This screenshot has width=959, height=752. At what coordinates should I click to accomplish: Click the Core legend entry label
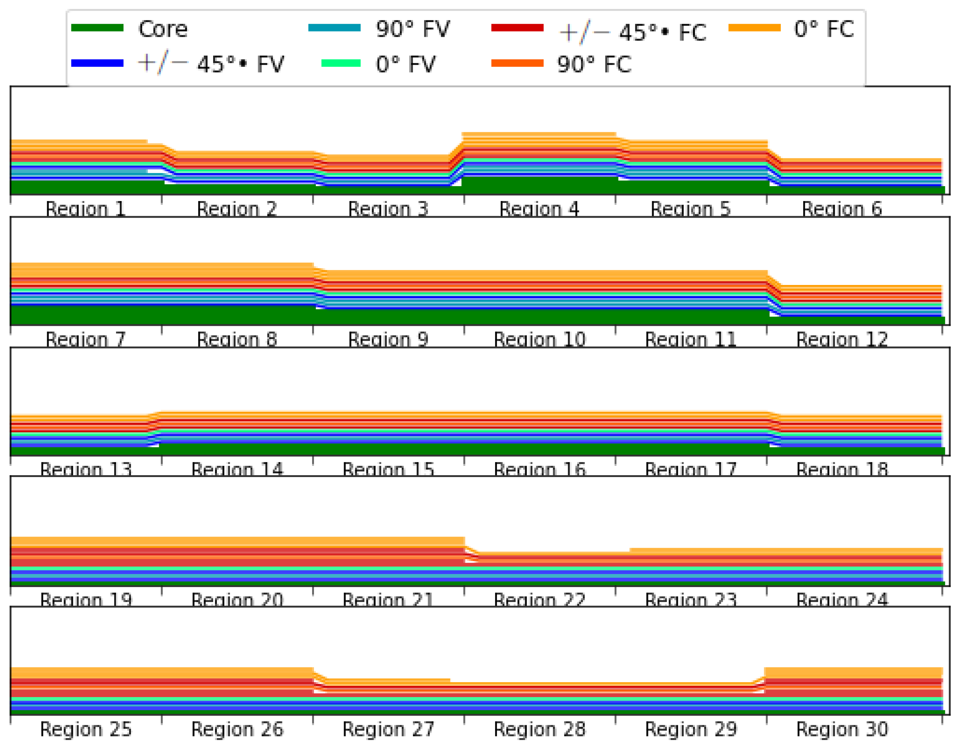pos(163,29)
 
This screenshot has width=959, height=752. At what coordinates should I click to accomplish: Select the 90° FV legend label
pos(413,29)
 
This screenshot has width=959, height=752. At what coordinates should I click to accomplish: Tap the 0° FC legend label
pos(824,29)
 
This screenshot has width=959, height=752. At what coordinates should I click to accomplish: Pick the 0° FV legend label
pos(405,64)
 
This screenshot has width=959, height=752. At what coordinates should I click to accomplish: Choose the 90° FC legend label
pos(594,64)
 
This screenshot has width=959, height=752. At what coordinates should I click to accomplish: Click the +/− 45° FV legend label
pos(211,64)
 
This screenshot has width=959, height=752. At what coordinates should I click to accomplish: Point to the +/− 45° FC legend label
pos(632,32)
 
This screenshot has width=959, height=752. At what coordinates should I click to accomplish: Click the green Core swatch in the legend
pos(97,28)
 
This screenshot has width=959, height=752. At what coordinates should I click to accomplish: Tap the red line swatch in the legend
pos(517,28)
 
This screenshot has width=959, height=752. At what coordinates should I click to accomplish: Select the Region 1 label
pos(86,209)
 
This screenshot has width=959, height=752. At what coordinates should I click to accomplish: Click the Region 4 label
pos(539,209)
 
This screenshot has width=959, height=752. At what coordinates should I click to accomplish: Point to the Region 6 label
pos(842,209)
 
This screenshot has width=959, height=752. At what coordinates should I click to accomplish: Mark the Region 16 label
pos(539,469)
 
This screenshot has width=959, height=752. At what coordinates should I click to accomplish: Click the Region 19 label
pos(86,600)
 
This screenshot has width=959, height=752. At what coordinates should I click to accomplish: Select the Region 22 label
pos(539,600)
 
